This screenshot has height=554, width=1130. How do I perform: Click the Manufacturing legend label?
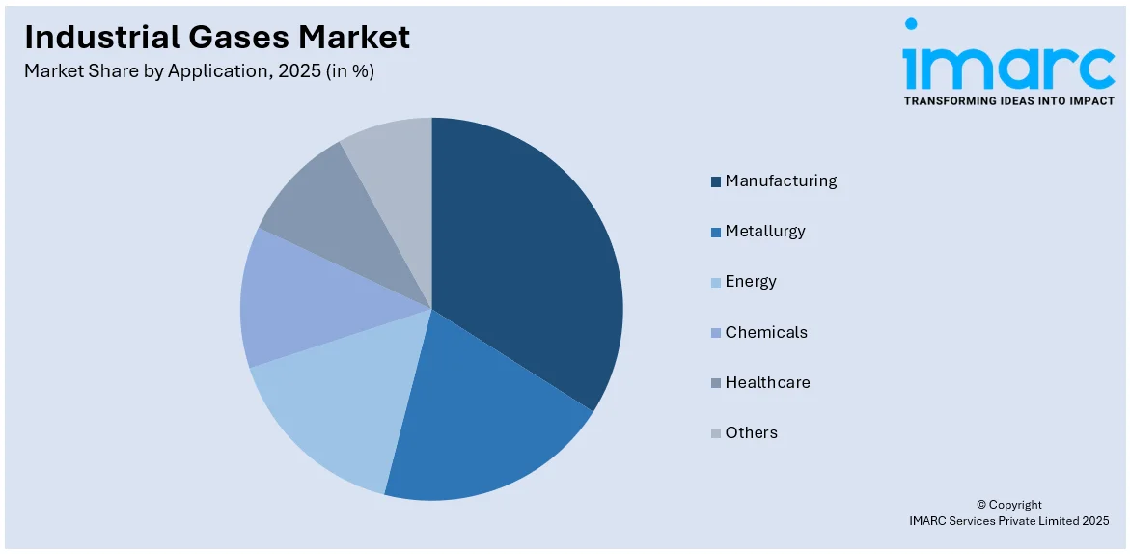click(781, 180)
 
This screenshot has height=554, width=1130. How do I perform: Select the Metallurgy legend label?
click(764, 231)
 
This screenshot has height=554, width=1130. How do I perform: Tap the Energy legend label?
click(751, 281)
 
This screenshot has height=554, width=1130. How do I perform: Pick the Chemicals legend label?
click(766, 332)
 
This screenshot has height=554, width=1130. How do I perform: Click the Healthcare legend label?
click(767, 382)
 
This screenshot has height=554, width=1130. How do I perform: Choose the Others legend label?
click(751, 432)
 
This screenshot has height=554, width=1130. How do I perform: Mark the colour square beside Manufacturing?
click(716, 181)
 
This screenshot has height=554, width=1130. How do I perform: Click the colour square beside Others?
click(716, 433)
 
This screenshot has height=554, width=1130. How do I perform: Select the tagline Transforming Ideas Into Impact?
click(1008, 100)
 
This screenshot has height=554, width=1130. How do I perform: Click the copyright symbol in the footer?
click(981, 505)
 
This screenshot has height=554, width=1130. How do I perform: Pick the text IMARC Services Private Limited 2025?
click(1008, 521)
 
